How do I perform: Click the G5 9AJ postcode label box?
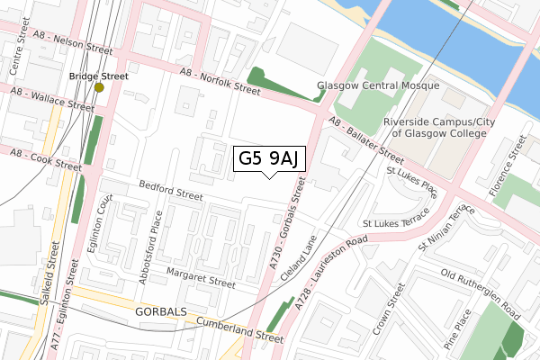click(269, 159)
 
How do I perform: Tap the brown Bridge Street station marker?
click(99, 87)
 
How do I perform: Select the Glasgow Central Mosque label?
click(378, 86)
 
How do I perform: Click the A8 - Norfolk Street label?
click(220, 81)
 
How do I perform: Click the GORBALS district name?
click(161, 311)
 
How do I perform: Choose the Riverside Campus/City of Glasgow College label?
click(435, 127)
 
